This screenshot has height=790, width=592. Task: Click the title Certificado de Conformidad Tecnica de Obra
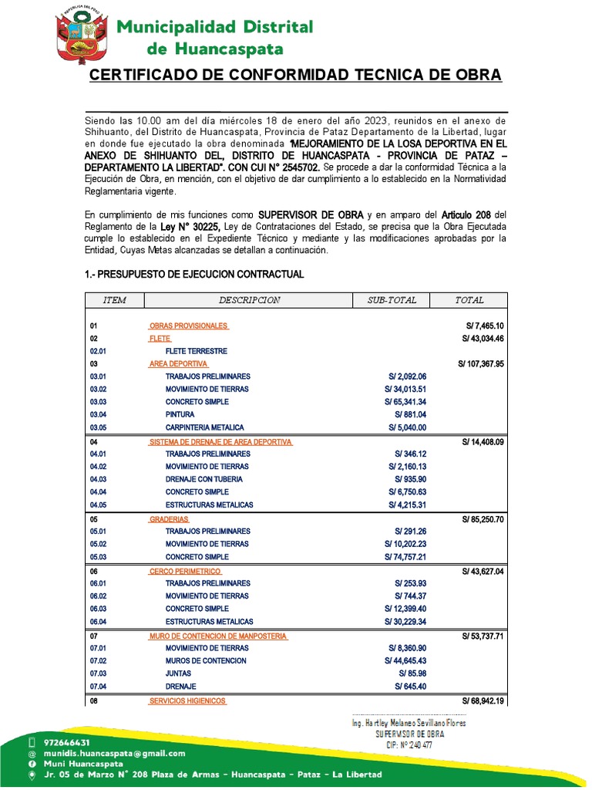[x=296, y=75]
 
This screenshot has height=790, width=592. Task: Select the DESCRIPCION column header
[x=250, y=299]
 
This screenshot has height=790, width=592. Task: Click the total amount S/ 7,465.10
[x=482, y=326]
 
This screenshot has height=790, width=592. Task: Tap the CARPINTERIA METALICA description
[x=204, y=427]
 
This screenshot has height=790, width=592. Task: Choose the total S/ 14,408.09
[x=482, y=441]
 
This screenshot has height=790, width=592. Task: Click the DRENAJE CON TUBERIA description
[x=204, y=479]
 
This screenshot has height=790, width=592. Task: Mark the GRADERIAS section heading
[x=169, y=519]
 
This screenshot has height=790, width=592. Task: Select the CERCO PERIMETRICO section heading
[x=185, y=571]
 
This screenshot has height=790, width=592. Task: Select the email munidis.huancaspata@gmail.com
[x=115, y=753]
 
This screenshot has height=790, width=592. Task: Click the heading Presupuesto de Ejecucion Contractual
[x=193, y=275]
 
